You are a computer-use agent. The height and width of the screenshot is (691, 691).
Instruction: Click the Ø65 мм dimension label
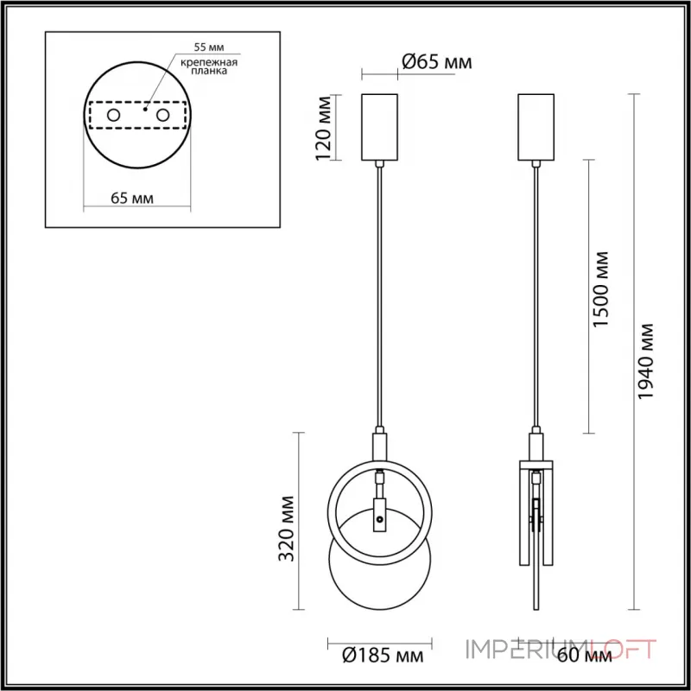pos(438,61)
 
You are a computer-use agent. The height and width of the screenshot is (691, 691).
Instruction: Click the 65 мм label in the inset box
pos(133,198)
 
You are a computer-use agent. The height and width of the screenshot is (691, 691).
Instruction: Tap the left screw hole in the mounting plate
pos(113,114)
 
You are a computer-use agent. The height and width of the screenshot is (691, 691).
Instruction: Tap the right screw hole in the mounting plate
pos(162,114)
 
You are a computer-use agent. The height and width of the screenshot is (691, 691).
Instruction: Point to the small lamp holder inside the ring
pos(378,515)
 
